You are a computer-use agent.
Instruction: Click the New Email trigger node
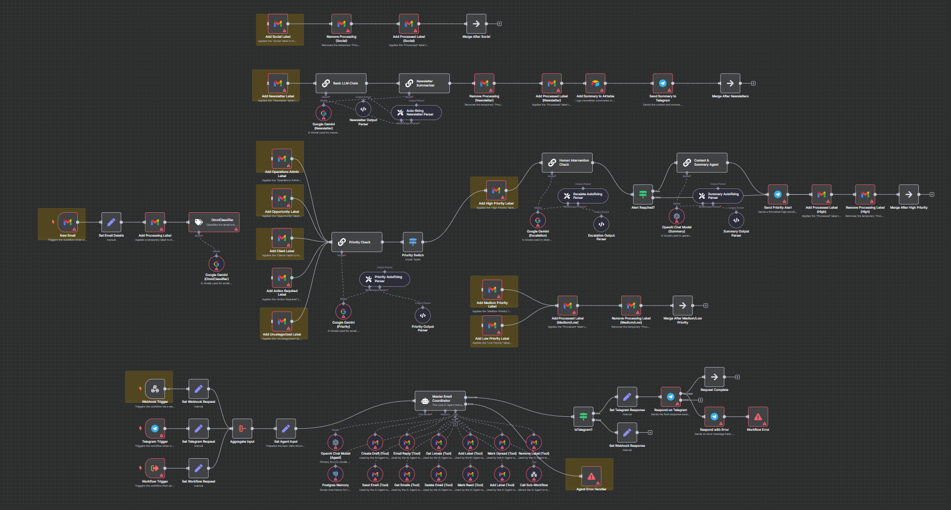[x=68, y=223]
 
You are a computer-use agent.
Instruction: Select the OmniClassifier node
[x=214, y=222]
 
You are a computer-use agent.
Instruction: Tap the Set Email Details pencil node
[x=111, y=223]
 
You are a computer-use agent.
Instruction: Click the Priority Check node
[x=357, y=242]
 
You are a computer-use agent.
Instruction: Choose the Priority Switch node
[x=413, y=242]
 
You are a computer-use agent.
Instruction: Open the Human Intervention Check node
[x=567, y=163]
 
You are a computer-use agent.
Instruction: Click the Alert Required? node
[x=643, y=195]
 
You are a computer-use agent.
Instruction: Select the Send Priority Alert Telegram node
[x=778, y=195]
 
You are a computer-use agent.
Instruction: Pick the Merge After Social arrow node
[x=476, y=24]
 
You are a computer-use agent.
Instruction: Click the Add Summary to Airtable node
[x=595, y=83]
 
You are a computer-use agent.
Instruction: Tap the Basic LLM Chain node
[x=341, y=83]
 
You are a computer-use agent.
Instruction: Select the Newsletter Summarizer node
[x=424, y=83]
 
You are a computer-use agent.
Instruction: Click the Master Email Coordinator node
[x=440, y=400]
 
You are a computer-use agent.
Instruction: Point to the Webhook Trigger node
[x=155, y=389]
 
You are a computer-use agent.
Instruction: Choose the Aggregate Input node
[x=242, y=429]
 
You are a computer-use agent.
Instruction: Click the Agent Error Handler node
[x=591, y=476]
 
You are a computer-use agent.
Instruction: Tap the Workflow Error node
[x=758, y=417]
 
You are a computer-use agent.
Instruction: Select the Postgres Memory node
[x=335, y=474]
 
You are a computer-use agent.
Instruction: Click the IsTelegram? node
[x=583, y=417]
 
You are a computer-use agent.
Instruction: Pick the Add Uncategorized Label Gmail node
[x=282, y=322]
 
